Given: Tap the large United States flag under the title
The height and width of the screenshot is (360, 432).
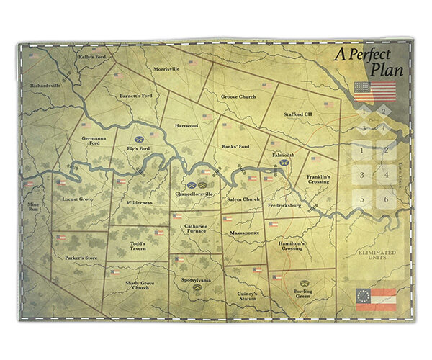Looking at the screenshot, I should pyautogui.click(x=375, y=91).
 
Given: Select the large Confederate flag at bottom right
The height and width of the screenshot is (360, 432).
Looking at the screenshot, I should pyautogui.click(x=377, y=298).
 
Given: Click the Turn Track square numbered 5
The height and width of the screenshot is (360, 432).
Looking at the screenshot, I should pyautogui.click(x=361, y=199).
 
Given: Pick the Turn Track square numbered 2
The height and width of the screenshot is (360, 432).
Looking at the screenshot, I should pyautogui.click(x=387, y=151).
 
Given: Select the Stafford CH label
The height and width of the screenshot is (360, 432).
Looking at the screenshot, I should pyautogui.click(x=296, y=114).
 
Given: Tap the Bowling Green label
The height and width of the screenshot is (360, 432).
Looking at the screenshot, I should pyautogui.click(x=302, y=294).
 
